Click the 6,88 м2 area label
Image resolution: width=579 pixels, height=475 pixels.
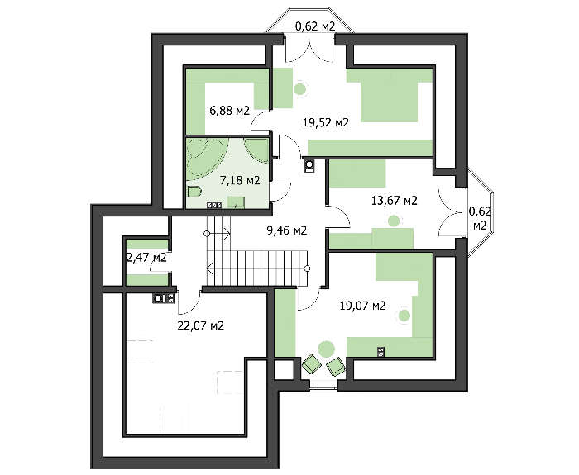point(230,110)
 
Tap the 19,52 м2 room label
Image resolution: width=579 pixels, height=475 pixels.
point(326,122)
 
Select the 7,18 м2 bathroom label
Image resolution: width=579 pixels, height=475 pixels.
point(240,180)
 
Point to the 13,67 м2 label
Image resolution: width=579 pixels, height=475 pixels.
point(394,201)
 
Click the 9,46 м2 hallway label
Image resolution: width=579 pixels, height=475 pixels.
point(286,230)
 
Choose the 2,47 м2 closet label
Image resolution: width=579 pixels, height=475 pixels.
point(146,258)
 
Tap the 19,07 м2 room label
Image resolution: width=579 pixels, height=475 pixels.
point(362,306)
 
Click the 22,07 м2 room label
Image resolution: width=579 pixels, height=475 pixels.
point(200,325)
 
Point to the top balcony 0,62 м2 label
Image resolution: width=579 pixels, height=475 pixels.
point(314,26)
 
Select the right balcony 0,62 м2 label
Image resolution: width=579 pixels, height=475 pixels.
point(480,218)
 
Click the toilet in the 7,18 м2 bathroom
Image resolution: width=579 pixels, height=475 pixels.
point(194,192)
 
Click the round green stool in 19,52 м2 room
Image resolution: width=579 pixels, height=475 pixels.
point(300,88)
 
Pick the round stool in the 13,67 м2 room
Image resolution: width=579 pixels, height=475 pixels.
point(394,221)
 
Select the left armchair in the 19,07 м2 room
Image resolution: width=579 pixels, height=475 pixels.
point(312,363)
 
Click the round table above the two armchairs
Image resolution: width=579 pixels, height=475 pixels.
point(326,349)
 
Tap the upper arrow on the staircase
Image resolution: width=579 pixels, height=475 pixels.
point(218,234)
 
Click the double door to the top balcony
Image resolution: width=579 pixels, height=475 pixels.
point(309,48)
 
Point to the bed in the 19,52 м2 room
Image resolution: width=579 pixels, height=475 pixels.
point(390,96)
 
